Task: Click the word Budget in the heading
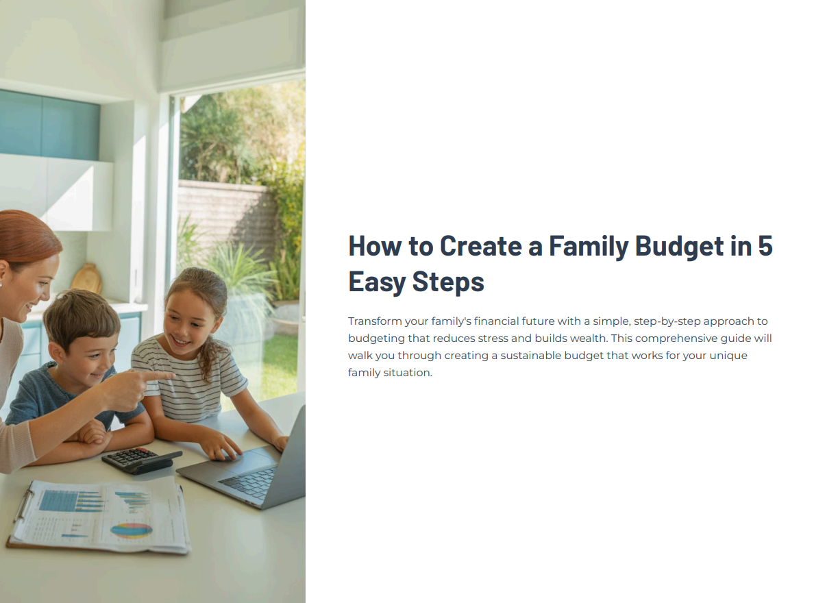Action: point(679,247)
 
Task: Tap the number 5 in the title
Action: point(765,246)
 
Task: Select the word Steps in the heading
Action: point(448,282)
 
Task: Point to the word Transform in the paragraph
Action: point(375,321)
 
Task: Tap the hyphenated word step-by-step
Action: point(667,321)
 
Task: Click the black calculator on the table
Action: point(141,460)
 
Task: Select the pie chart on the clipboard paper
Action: point(132,530)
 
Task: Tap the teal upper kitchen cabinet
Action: point(49,125)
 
